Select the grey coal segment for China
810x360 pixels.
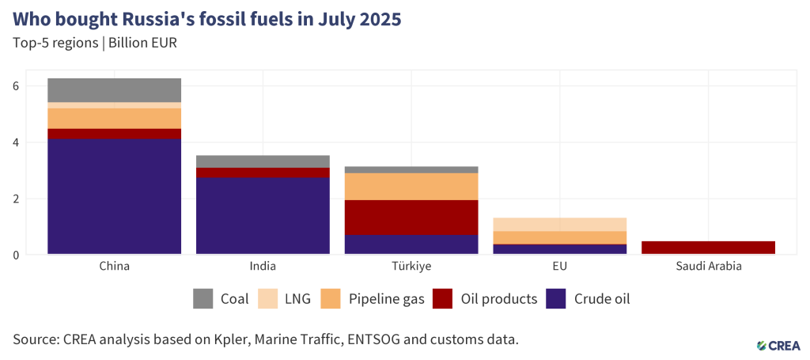(114, 90)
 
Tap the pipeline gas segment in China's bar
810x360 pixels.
(114, 118)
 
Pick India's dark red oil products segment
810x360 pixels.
(263, 172)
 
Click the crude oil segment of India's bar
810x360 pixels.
(263, 216)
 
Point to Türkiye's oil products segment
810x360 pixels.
(411, 218)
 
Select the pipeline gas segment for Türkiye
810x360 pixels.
(411, 187)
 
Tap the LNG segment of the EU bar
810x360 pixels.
(560, 224)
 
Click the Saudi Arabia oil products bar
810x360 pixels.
(708, 248)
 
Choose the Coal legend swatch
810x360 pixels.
(203, 299)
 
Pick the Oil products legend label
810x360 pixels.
(498, 299)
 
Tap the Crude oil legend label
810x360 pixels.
(602, 299)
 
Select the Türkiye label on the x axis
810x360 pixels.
(411, 267)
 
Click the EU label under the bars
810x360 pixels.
(560, 267)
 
